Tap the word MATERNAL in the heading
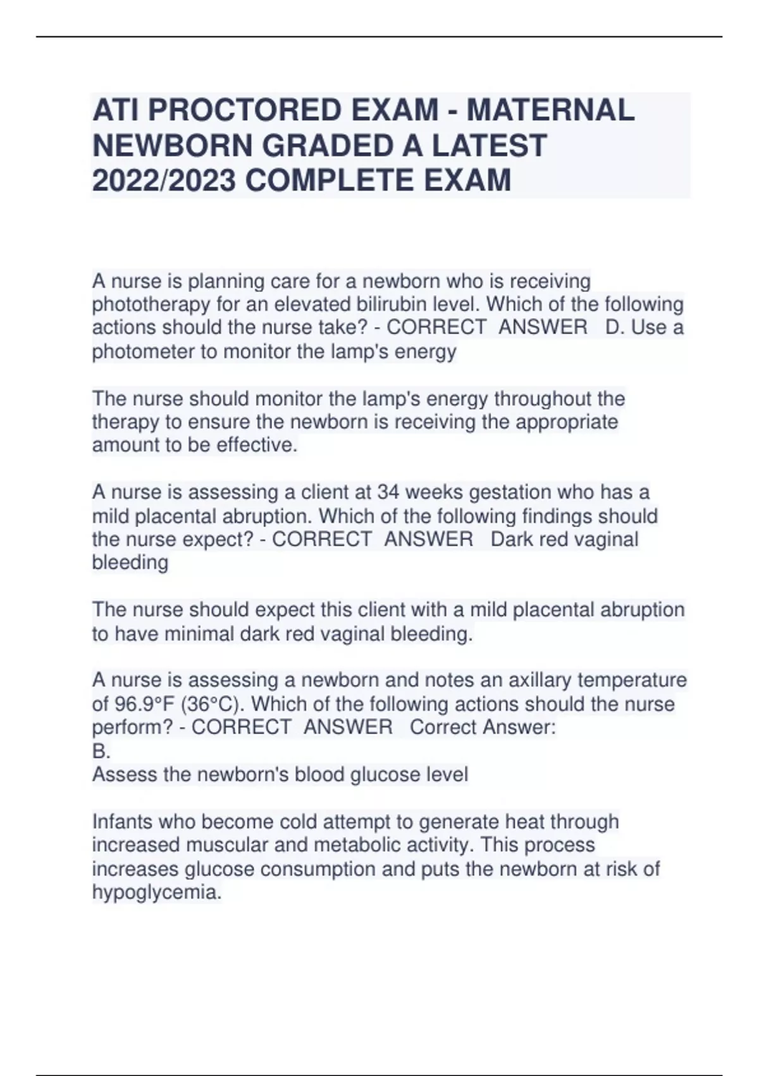pyautogui.click(x=550, y=110)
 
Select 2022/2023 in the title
pyautogui.click(x=164, y=180)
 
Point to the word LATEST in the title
pyautogui.click(x=489, y=146)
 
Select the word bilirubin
pyautogui.click(x=390, y=304)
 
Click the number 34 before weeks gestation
pyautogui.click(x=388, y=492)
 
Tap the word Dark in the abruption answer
pyautogui.click(x=510, y=539)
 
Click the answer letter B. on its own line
pyautogui.click(x=101, y=751)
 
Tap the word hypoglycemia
pyautogui.click(x=157, y=892)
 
